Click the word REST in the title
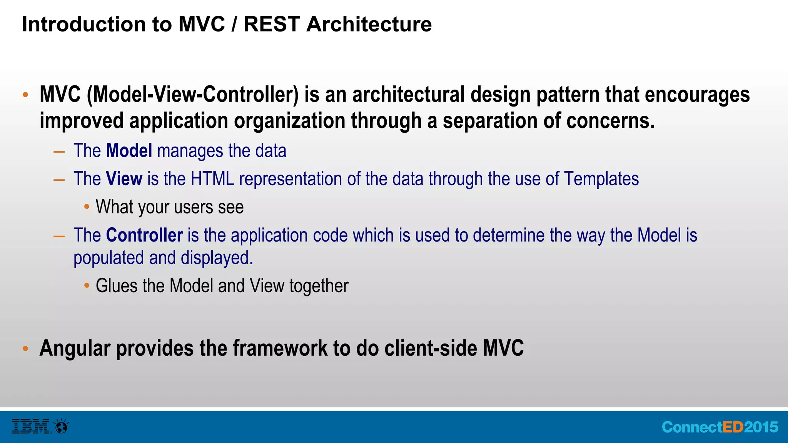point(272,24)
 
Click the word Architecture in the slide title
point(369,24)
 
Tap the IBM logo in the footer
point(31,426)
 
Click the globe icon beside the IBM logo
point(62,426)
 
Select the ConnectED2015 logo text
point(720,427)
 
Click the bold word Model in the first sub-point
point(129,151)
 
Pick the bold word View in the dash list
point(124,179)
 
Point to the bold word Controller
point(144,235)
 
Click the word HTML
point(212,179)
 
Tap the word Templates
point(601,179)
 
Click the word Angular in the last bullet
point(75,348)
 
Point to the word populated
point(109,258)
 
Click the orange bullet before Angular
point(25,349)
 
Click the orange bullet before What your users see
point(87,207)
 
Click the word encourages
point(697,95)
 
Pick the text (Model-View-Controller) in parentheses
point(193,95)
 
